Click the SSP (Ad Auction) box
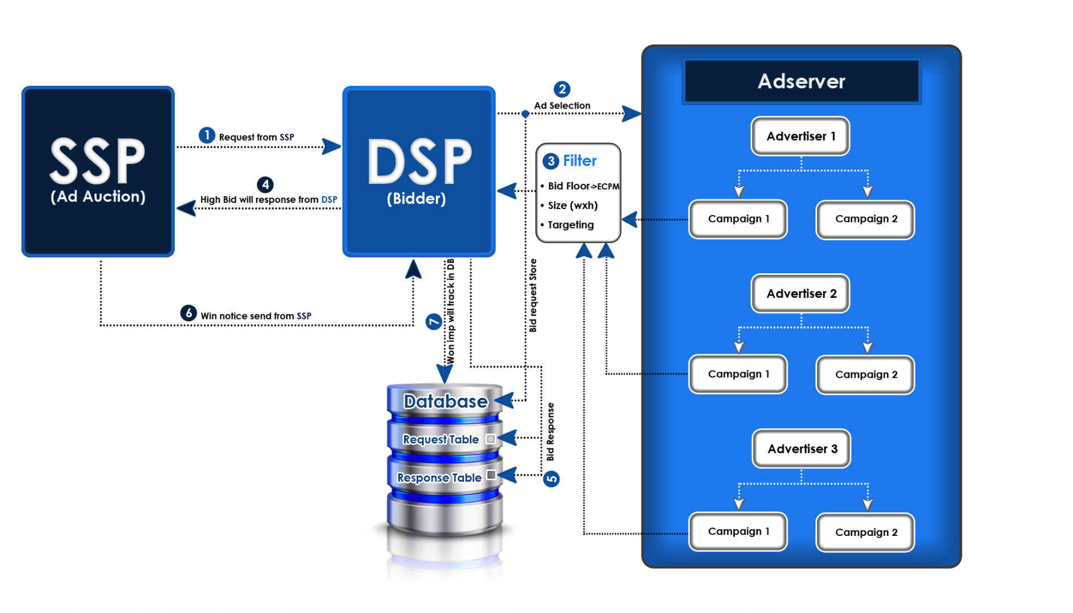pyautogui.click(x=98, y=171)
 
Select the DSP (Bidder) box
pyautogui.click(x=419, y=171)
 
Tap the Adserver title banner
pyautogui.click(x=801, y=82)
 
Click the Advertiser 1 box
pyautogui.click(x=800, y=136)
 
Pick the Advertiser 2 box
pyautogui.click(x=800, y=293)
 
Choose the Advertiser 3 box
pyautogui.click(x=801, y=449)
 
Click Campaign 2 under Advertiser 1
pyautogui.click(x=865, y=219)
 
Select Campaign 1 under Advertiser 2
pyautogui.click(x=738, y=374)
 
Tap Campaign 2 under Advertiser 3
pyautogui.click(x=865, y=532)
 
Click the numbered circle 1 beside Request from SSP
pyautogui.click(x=207, y=135)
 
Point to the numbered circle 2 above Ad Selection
pyautogui.click(x=562, y=89)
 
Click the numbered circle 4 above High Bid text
pyautogui.click(x=265, y=184)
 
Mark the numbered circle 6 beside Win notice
pyautogui.click(x=188, y=313)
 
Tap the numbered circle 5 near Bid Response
pyautogui.click(x=552, y=479)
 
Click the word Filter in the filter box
pyautogui.click(x=580, y=161)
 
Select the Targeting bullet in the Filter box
pyautogui.click(x=571, y=225)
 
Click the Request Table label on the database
pyautogui.click(x=440, y=440)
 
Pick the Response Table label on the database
pyautogui.click(x=439, y=478)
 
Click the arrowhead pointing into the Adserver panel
pyautogui.click(x=632, y=113)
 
